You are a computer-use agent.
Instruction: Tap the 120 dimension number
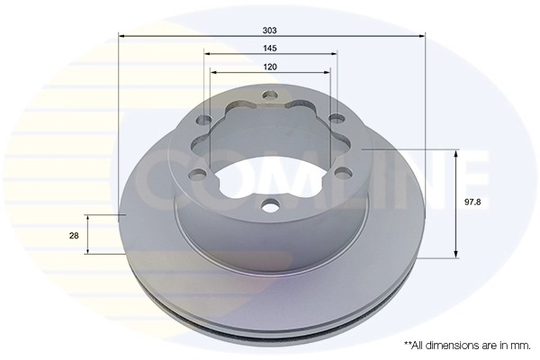270,67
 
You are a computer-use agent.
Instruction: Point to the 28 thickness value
74,235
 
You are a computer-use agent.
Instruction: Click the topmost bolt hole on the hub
270,94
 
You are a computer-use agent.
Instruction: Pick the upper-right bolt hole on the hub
335,120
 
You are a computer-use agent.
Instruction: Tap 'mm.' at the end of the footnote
519,345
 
